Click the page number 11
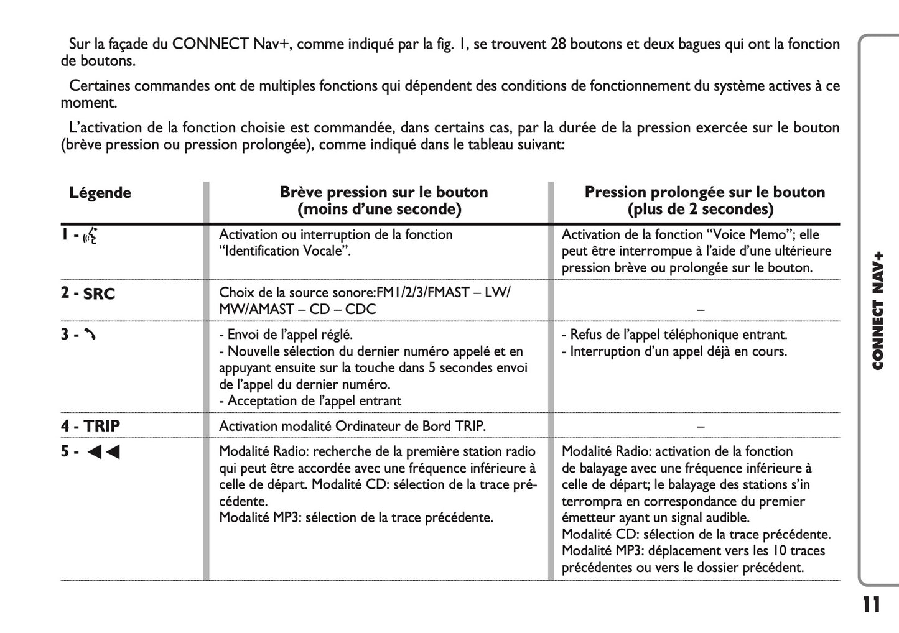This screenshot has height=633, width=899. (872, 605)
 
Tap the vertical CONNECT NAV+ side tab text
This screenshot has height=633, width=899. (878, 311)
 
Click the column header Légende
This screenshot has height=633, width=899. (100, 193)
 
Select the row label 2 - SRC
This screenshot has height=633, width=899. (88, 293)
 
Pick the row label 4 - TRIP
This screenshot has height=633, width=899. (91, 426)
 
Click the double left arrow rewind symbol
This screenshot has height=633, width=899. (103, 452)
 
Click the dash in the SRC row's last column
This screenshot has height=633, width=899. (701, 309)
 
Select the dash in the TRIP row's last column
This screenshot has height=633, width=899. (701, 426)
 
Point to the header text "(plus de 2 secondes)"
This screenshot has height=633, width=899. (701, 209)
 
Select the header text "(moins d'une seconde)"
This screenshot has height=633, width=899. (380, 209)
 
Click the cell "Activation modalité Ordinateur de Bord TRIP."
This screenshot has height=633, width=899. (352, 426)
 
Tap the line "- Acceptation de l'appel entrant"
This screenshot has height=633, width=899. (310, 401)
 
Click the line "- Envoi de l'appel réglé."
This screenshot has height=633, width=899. (286, 335)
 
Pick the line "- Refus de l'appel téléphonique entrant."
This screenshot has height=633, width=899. (674, 335)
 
